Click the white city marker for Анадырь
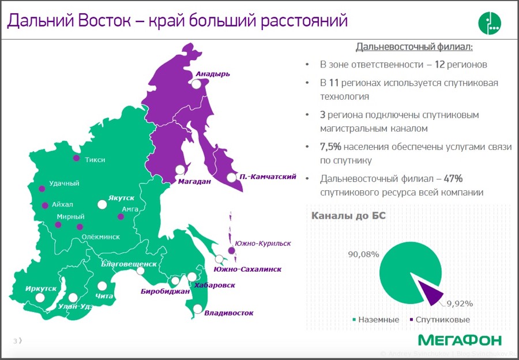pyautogui.click(x=196, y=84)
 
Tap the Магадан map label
pyautogui.click(x=194, y=181)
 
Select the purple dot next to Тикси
pyautogui.click(x=77, y=158)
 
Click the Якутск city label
pyautogui.click(x=121, y=198)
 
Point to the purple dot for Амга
pyautogui.click(x=121, y=216)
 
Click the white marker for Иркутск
pyautogui.click(x=40, y=298)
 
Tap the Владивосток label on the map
pyautogui.click(x=229, y=313)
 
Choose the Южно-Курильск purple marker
pyautogui.click(x=231, y=250)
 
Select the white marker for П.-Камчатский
pyautogui.click(x=232, y=177)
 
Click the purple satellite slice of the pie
pyautogui.click(x=430, y=292)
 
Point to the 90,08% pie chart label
pyautogui.click(x=363, y=254)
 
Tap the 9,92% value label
pyautogui.click(x=460, y=303)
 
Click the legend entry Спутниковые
pyautogui.click(x=439, y=320)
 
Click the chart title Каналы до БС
pyautogui.click(x=348, y=216)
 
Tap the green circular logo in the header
pyautogui.click(x=490, y=23)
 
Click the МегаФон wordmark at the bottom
pyautogui.click(x=460, y=340)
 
